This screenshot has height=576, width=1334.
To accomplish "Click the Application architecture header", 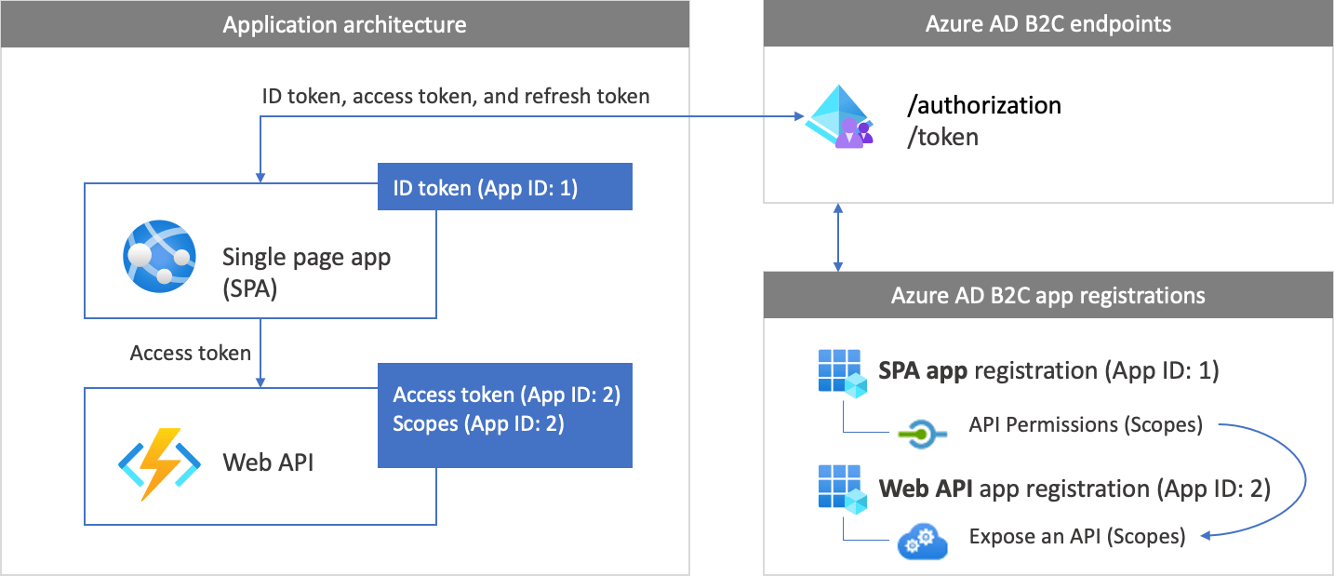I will click(344, 24).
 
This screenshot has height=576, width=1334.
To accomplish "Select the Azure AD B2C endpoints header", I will click(1048, 24).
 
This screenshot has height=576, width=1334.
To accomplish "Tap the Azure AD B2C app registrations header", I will click(1048, 296).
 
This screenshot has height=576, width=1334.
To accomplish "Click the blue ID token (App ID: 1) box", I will click(504, 187).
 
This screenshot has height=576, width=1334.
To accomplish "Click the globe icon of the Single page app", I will click(159, 253).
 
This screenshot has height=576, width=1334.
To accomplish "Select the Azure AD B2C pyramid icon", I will click(839, 120).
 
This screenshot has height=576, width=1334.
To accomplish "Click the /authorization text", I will click(984, 105).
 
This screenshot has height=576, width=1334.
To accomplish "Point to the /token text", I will click(943, 137).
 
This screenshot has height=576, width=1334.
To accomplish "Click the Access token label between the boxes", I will click(191, 353).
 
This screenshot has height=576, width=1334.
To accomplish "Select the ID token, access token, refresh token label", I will click(456, 96).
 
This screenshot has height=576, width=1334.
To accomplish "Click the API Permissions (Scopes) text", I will click(1086, 425).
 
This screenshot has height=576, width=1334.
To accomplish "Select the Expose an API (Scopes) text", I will click(1076, 537).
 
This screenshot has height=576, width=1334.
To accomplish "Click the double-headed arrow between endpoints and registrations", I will click(839, 237).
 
